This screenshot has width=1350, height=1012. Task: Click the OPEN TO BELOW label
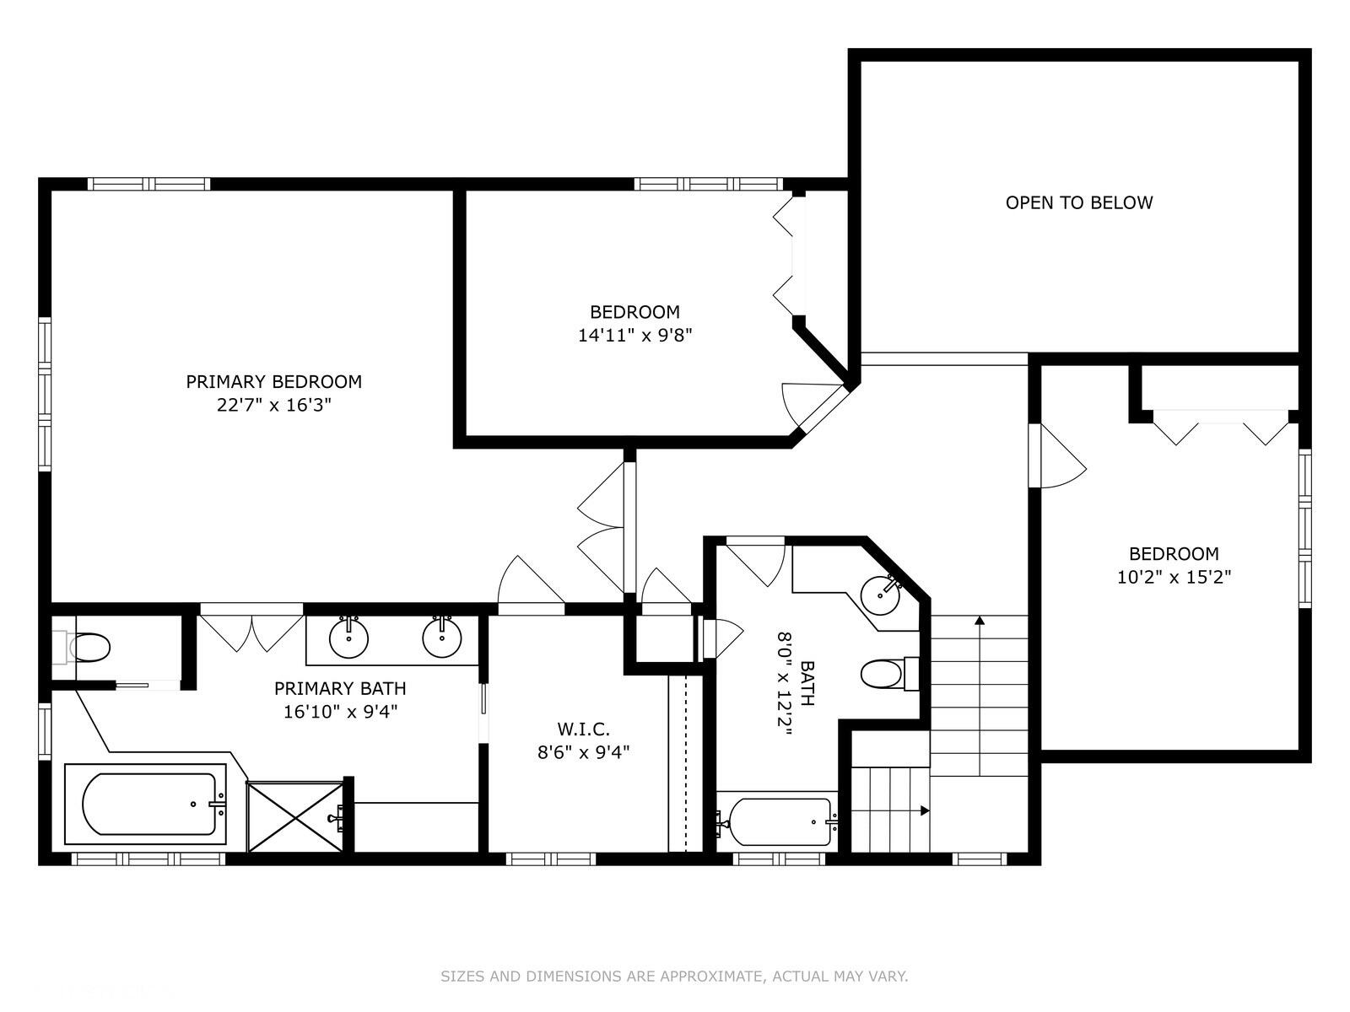(x=1079, y=202)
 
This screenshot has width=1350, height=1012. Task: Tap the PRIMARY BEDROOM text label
(x=273, y=381)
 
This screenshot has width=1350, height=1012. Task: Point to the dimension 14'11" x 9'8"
(x=634, y=336)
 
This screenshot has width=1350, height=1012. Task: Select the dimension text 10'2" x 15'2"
(x=1174, y=578)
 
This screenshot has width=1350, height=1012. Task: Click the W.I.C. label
(x=583, y=729)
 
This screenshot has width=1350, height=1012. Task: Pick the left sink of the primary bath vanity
(x=348, y=638)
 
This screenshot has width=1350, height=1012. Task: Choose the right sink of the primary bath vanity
(x=441, y=638)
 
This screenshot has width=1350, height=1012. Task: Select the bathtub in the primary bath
(x=146, y=804)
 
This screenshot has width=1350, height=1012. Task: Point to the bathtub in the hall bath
(x=777, y=821)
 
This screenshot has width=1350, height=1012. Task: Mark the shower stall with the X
(x=294, y=816)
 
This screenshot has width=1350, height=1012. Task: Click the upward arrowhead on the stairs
(x=980, y=621)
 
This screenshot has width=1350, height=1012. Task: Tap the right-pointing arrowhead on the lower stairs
(x=925, y=811)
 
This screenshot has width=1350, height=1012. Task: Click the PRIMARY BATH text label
(x=340, y=688)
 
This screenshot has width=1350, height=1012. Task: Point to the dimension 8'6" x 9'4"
(x=583, y=753)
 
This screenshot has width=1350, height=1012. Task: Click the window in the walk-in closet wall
(x=551, y=859)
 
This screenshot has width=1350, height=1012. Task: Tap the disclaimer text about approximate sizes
(x=674, y=977)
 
